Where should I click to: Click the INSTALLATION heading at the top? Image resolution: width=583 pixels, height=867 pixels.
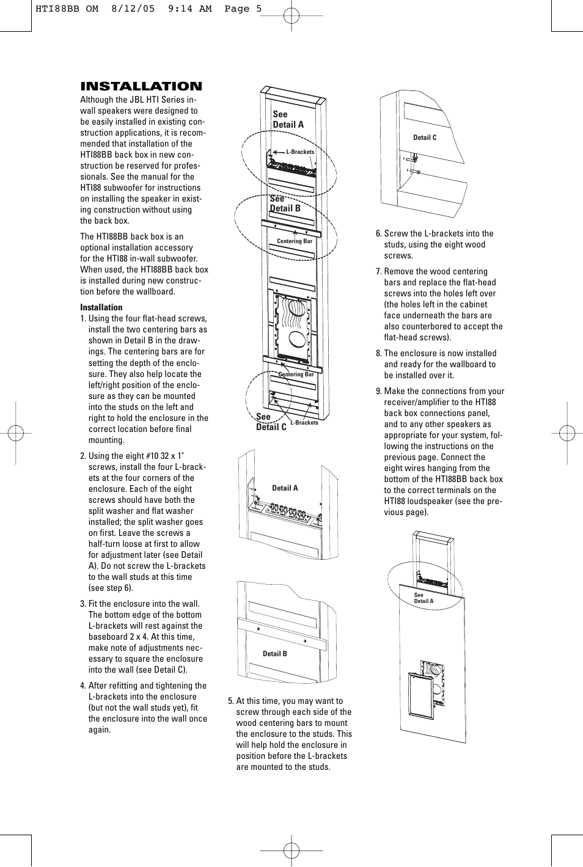[141, 86]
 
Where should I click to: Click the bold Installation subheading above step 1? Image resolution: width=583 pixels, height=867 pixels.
[101, 307]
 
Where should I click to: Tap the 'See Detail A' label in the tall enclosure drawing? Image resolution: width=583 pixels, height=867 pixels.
[288, 119]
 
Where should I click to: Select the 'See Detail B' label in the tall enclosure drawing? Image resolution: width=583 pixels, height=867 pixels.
[285, 203]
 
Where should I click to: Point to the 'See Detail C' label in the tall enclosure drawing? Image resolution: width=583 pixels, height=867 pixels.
[271, 422]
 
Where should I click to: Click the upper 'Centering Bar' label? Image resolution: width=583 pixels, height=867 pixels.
[295, 241]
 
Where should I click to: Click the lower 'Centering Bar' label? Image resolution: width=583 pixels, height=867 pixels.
[296, 375]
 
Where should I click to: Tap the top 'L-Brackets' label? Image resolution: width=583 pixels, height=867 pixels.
[300, 152]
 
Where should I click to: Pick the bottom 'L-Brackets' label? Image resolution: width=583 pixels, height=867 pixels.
[304, 423]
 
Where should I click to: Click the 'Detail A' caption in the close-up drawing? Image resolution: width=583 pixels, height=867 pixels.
[285, 488]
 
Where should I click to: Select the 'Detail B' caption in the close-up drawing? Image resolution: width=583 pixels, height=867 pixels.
[274, 654]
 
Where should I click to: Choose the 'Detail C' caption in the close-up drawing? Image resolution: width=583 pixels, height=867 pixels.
[425, 137]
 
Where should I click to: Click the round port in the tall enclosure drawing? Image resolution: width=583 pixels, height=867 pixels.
[296, 340]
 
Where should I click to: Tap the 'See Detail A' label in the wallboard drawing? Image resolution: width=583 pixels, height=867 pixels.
[423, 598]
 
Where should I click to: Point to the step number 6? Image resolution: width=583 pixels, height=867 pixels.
[378, 233]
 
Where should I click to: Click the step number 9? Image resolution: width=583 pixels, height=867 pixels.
[378, 391]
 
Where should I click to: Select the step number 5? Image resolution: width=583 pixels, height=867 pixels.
[231, 701]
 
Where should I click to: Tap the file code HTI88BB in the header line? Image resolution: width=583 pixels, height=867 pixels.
[57, 9]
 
